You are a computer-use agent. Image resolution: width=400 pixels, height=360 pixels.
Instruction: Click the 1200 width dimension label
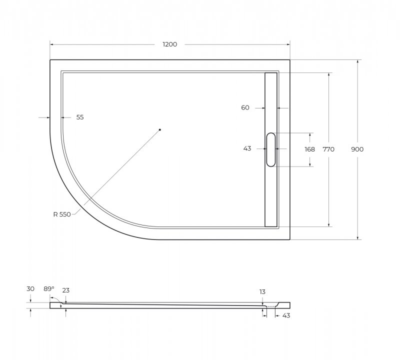[170, 44]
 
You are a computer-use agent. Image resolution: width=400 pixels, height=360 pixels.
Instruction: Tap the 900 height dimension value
[357, 149]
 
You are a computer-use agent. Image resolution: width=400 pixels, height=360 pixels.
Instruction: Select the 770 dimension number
[328, 149]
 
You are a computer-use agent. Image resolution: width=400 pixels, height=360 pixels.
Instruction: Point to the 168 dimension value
[310, 149]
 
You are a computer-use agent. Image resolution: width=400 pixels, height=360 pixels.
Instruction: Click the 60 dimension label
[245, 107]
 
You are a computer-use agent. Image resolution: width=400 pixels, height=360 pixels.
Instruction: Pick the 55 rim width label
[80, 117]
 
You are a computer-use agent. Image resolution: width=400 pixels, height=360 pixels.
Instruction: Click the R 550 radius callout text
[62, 214]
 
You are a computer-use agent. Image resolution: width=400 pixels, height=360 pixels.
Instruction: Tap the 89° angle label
[48, 289]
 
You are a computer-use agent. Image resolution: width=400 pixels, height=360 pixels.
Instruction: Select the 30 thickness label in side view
[31, 289]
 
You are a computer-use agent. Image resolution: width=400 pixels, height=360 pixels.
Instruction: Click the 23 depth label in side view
[66, 290]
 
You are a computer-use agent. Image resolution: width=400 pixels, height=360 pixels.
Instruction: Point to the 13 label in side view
[262, 291]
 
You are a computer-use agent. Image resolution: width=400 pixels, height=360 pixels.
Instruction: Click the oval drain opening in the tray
[271, 149]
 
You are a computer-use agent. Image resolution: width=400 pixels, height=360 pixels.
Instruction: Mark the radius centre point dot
[160, 129]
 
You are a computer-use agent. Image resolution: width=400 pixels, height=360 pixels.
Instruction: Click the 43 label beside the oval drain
[247, 148]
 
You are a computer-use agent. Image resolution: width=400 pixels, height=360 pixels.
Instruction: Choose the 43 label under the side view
[286, 315]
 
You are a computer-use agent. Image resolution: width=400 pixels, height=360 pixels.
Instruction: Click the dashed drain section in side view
[270, 306]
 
